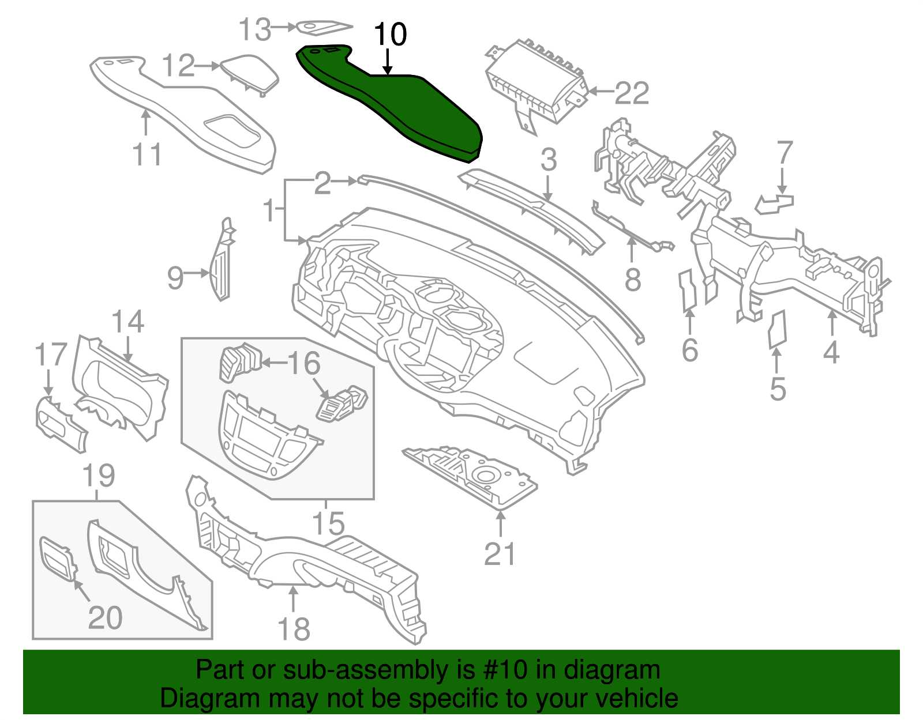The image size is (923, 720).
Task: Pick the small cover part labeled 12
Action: [x=250, y=72]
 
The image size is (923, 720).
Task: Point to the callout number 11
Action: [x=147, y=154]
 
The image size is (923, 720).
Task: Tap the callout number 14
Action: [x=127, y=322]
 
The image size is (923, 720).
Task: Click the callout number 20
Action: [x=105, y=617]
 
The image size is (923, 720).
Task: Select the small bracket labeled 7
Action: [x=774, y=203]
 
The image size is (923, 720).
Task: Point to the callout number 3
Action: [x=549, y=160]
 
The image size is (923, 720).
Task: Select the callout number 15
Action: [x=328, y=523]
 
